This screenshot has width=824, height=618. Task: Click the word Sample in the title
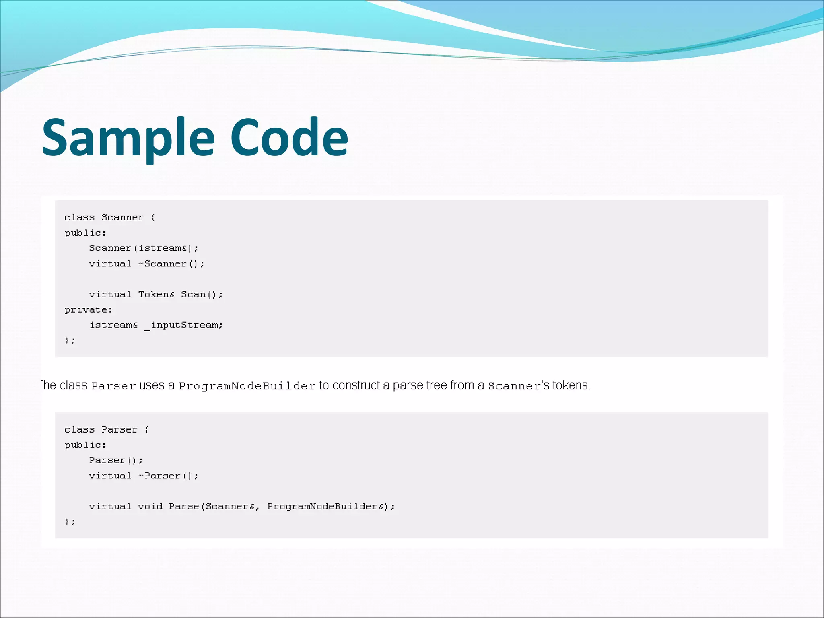point(128,138)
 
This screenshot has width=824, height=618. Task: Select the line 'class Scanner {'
point(109,218)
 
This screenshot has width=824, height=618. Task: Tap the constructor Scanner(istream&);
point(144,248)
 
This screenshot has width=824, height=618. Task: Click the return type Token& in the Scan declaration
point(157,295)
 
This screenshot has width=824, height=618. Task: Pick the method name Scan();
point(202,295)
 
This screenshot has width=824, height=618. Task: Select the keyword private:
point(88,310)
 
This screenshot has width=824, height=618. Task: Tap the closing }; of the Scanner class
point(70,341)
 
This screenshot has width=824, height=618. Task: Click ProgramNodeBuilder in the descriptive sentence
point(247,386)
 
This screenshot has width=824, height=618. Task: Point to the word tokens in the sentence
point(571,385)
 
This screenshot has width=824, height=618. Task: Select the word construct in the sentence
point(356,385)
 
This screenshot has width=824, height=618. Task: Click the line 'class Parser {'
point(106,430)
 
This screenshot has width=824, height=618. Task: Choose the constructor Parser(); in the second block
point(116,460)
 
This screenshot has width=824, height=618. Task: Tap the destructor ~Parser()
point(168,476)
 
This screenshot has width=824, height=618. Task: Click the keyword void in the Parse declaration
point(150,507)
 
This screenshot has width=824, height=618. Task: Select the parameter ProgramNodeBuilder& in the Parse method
point(328,507)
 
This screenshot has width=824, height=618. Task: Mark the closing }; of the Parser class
point(70,522)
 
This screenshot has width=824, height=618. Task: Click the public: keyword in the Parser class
point(85,445)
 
